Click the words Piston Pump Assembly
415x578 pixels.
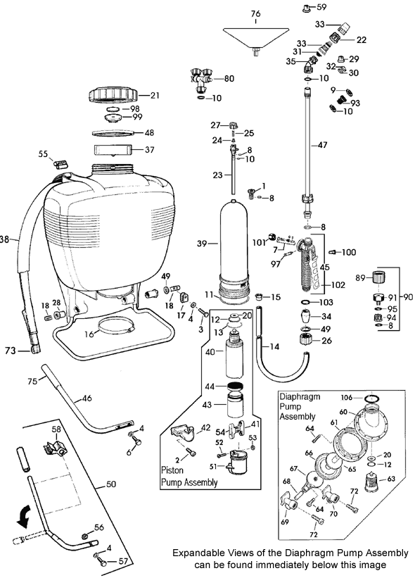(x=187, y=477)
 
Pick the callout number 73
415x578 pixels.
(x=9, y=349)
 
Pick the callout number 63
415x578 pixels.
(x=402, y=479)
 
